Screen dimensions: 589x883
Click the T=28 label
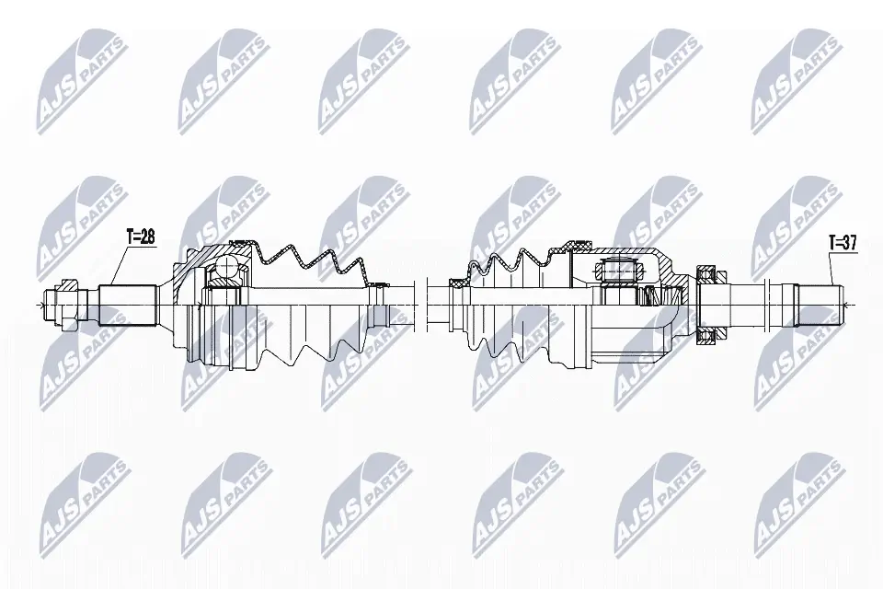tap(140, 237)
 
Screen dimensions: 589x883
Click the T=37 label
tap(843, 243)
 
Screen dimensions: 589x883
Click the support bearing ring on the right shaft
tap(705, 304)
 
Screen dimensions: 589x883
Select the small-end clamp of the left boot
tap(374, 283)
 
